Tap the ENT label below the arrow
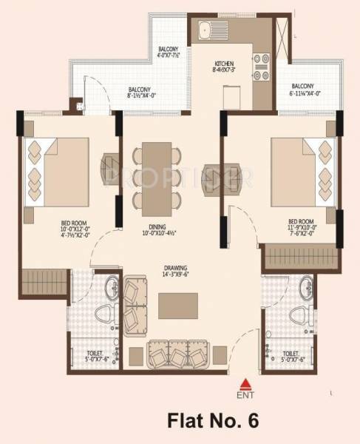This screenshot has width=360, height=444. [246, 393]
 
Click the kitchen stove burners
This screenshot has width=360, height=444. [262, 66]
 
